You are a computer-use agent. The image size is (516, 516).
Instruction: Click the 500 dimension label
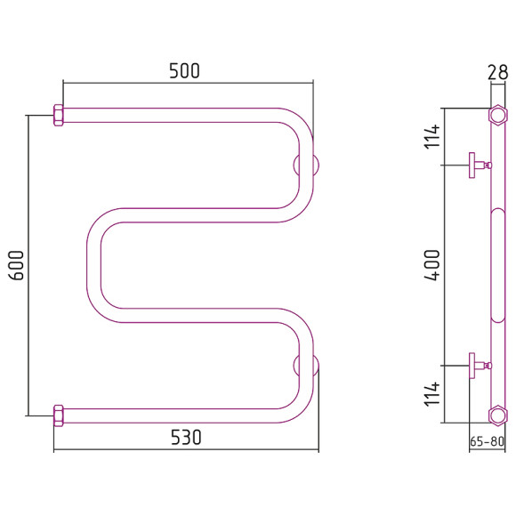tap(184, 71)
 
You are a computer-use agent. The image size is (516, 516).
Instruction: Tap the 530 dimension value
tap(186, 438)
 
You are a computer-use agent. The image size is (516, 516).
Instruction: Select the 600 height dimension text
tap(16, 265)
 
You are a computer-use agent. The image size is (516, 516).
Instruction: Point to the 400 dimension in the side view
tap(431, 265)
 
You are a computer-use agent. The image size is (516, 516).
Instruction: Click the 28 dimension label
tap(497, 72)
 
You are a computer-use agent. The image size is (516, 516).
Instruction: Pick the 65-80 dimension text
tap(487, 441)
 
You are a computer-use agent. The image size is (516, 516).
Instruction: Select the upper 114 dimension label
tap(431, 136)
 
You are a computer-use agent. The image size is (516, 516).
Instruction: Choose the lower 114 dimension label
tap(431, 393)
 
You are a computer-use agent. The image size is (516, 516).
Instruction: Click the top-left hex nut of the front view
tap(58, 115)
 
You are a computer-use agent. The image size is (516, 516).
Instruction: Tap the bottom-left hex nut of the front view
tap(58, 415)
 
